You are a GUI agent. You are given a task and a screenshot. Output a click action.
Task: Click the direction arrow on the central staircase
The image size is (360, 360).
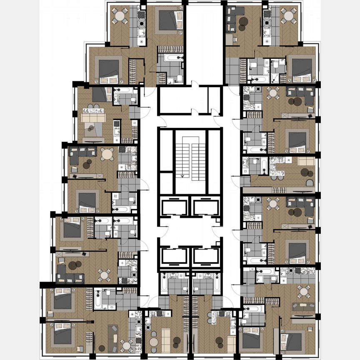182,176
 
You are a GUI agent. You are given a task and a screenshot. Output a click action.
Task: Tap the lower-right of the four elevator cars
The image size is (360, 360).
206,256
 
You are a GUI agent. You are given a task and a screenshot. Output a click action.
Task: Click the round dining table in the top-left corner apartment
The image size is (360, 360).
120,17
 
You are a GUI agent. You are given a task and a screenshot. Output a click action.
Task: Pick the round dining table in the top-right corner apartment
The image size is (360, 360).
287,17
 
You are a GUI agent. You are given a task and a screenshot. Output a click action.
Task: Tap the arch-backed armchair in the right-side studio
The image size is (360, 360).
310,183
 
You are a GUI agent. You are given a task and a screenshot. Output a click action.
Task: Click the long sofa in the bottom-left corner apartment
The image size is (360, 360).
113,335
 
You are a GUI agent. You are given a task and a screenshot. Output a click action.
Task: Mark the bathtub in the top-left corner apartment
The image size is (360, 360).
171,58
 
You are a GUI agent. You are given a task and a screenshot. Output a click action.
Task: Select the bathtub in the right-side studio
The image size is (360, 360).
263,165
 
